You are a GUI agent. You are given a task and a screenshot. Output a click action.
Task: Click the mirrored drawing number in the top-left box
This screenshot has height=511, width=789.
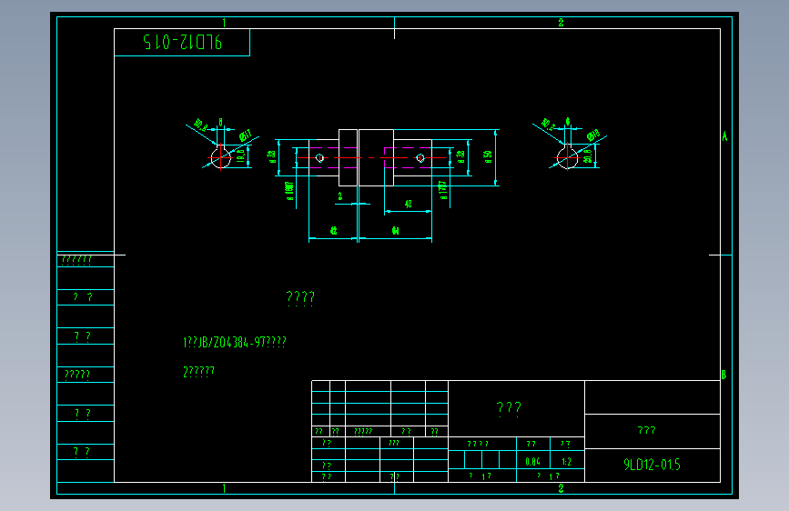point(182,42)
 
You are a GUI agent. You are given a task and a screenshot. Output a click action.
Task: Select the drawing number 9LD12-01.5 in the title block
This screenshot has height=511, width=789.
point(652,465)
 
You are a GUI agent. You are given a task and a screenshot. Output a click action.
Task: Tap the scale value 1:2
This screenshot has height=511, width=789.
point(566,461)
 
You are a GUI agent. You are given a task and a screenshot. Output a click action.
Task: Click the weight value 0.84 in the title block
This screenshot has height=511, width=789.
point(533,461)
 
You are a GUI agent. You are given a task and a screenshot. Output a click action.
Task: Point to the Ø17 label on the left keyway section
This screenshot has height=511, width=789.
point(245,136)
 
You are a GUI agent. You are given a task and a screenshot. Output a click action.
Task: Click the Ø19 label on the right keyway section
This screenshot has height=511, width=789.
point(592,136)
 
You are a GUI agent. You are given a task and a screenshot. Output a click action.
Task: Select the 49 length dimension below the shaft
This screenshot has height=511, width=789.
point(407,204)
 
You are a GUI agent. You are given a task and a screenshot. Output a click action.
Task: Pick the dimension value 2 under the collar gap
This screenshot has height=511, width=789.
point(339,195)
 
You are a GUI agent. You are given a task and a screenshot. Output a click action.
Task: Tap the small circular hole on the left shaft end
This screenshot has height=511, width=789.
point(319,158)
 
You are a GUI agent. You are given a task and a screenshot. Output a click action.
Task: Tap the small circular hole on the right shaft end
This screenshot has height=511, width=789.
point(420,158)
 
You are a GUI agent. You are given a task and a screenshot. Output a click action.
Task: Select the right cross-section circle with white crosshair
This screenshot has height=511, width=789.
point(567,158)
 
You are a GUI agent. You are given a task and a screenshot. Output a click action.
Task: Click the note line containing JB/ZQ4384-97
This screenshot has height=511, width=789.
point(235,342)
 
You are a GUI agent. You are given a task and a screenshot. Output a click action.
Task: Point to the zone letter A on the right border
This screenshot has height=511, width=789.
point(724,136)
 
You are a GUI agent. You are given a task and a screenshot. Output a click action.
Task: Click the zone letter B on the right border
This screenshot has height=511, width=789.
point(723,375)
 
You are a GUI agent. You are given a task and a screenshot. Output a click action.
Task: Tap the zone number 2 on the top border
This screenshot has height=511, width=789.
point(561,23)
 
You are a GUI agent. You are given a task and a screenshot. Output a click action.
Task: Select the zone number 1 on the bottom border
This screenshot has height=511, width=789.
point(224,488)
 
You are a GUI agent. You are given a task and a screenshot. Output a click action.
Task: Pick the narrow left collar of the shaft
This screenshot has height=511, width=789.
point(348,157)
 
